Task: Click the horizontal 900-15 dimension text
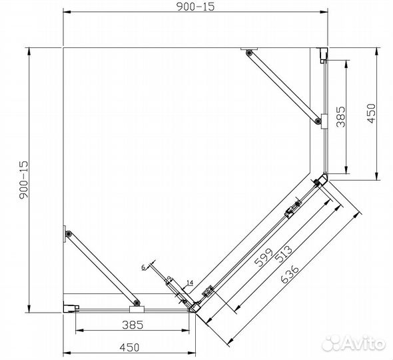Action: coord(196,7)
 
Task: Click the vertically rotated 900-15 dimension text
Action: coord(24,180)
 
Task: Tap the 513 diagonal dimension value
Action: coord(283,254)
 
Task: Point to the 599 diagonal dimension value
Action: coord(263,257)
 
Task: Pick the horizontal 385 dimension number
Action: coord(133,325)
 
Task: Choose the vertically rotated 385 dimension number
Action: coord(340,117)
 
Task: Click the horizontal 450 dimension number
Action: coord(129,347)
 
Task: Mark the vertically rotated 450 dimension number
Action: coord(371,113)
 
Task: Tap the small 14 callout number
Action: coord(190,283)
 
